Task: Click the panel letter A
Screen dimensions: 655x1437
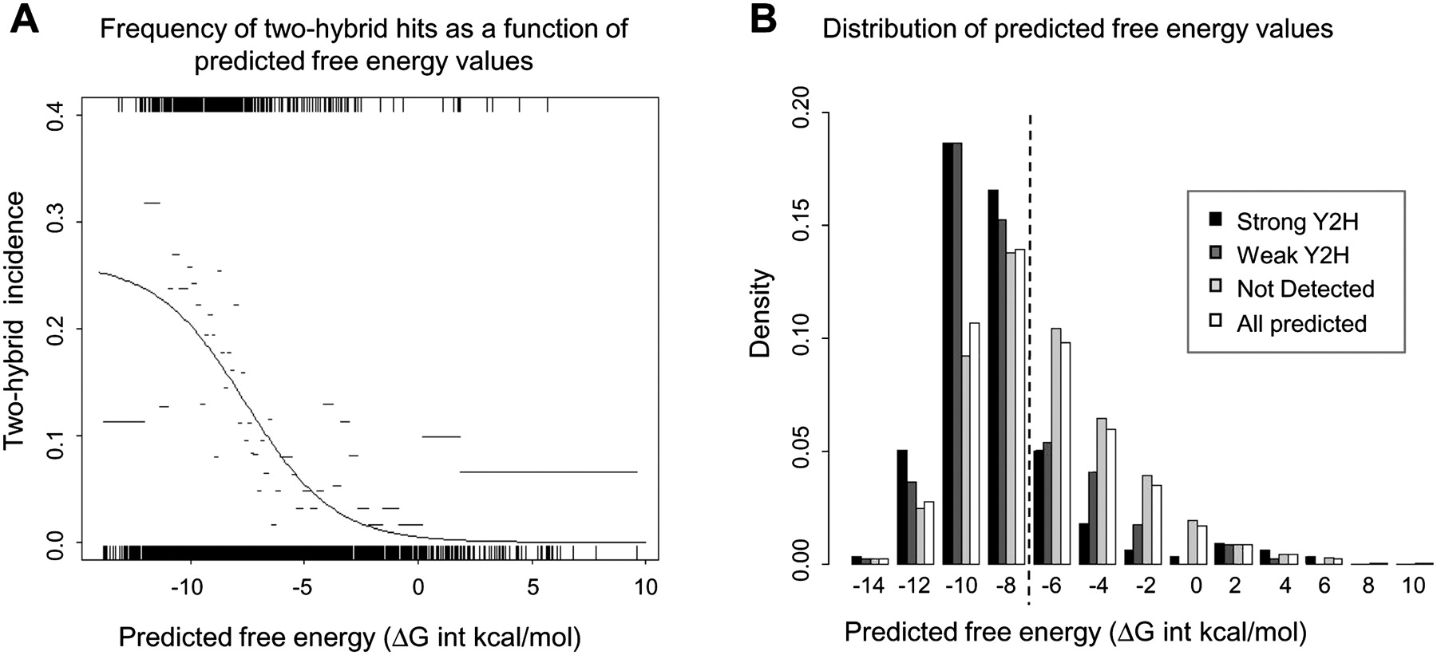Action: [24, 18]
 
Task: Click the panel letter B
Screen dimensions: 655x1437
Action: [762, 18]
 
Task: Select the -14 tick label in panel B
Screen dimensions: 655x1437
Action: [868, 586]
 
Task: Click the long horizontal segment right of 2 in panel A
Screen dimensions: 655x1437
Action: [548, 472]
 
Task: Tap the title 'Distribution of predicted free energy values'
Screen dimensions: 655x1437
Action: [1078, 30]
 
